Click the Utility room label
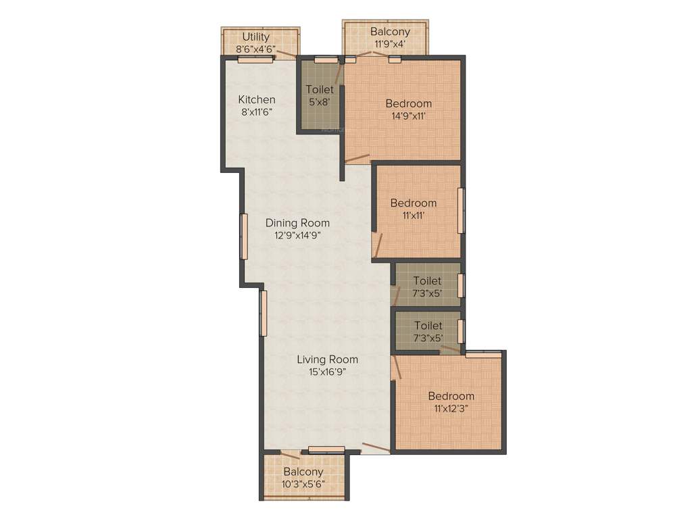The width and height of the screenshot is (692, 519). [x=256, y=36]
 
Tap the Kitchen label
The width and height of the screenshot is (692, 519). [x=257, y=99]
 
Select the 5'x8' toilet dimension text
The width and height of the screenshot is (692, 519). [x=320, y=102]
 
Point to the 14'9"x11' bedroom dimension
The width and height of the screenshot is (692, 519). [x=409, y=116]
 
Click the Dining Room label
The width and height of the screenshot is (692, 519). [x=297, y=222]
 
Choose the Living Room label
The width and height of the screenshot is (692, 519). [x=328, y=359]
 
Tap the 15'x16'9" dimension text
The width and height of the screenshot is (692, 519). [x=328, y=372]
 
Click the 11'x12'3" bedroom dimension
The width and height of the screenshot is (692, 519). [x=451, y=408]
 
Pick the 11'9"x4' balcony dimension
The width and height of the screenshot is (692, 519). [x=390, y=45]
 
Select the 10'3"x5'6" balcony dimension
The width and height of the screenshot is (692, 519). [x=303, y=484]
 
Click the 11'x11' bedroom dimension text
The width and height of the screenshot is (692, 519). [x=413, y=216]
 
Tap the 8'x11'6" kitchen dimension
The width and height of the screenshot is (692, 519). [x=257, y=112]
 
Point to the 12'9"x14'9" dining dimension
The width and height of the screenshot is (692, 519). [x=297, y=235]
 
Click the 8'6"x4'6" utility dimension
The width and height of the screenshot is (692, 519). [x=256, y=49]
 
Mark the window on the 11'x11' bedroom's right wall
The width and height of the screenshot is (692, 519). [x=462, y=210]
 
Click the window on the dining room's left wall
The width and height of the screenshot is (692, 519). [x=245, y=236]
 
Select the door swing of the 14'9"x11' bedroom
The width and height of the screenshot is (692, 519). [x=357, y=159]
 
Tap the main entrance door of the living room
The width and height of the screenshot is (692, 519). [x=375, y=447]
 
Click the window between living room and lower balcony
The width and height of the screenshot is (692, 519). [x=327, y=449]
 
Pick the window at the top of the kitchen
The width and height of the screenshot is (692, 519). [x=255, y=59]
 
